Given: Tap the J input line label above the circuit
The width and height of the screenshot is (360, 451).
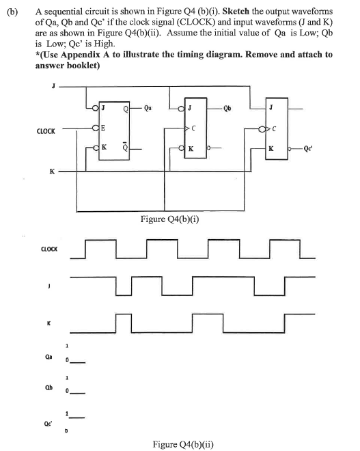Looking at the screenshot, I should tap(52, 85).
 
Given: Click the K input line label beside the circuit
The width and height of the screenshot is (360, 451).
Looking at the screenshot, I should tap(52, 172).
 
